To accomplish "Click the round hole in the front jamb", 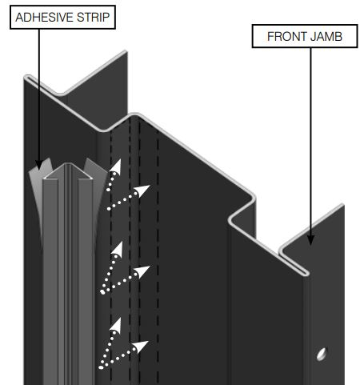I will click(321, 352).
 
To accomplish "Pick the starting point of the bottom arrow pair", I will click(101, 367).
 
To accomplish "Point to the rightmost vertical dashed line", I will click(158, 240).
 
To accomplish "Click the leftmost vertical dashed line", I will click(110, 240).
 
